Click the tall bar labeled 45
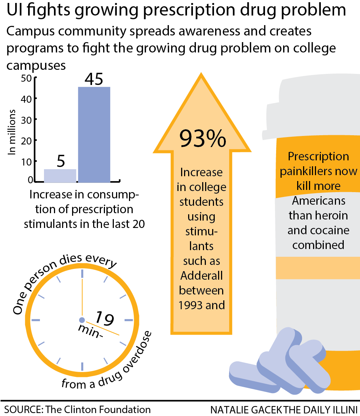94,134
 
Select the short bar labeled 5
60,176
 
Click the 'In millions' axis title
13,132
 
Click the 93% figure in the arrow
202,138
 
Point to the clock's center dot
82,320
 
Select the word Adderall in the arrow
201,276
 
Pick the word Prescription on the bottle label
318,157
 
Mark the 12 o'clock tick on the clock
82,274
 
